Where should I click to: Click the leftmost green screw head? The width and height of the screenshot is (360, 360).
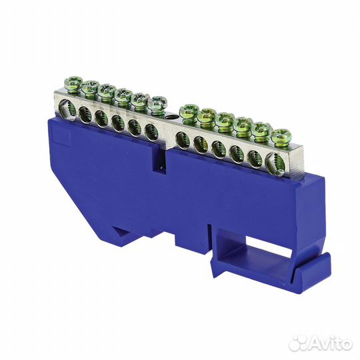73,83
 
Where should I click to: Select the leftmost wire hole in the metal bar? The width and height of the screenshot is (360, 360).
67,109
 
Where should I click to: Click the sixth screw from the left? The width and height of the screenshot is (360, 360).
157,104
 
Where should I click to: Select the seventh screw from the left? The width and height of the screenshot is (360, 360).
189,112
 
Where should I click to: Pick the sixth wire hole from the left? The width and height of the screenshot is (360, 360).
151,132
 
